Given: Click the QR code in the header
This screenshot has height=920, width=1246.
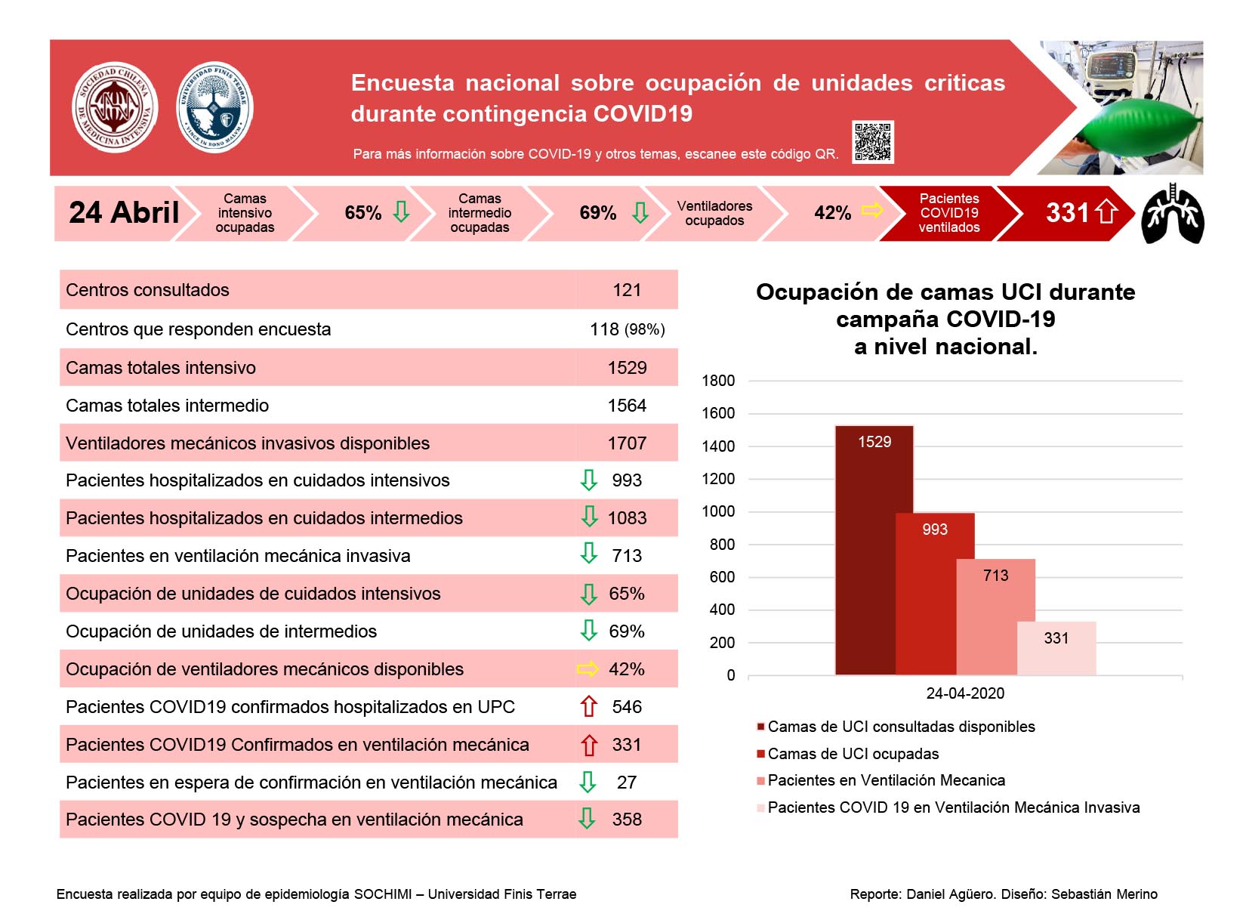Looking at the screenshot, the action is click(872, 142).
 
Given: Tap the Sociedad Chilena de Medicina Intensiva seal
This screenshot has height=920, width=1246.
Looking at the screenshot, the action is click(116, 107).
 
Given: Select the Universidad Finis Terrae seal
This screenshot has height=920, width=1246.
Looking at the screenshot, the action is click(214, 107).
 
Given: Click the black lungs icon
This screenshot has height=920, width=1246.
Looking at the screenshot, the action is click(1172, 214).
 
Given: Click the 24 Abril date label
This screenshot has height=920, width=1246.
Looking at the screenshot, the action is click(124, 212).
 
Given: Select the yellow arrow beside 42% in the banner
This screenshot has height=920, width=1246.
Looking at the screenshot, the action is click(872, 211).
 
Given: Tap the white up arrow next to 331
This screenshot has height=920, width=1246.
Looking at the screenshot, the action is click(1106, 212).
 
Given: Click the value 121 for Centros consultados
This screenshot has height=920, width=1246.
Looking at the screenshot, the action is click(626, 290).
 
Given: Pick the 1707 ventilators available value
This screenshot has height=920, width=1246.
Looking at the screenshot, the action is click(627, 443).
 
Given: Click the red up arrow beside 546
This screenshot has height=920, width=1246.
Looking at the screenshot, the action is click(589, 706).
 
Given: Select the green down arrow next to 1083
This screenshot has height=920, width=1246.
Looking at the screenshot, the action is click(589, 517).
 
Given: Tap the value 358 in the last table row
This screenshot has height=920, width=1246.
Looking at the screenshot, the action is click(627, 820).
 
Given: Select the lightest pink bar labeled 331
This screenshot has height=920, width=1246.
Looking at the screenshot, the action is click(1056, 648).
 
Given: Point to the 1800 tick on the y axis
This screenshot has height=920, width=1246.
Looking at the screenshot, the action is click(718, 381).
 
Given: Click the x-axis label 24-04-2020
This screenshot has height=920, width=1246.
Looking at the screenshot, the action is click(965, 693).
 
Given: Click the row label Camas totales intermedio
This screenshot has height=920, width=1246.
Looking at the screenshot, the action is click(168, 405).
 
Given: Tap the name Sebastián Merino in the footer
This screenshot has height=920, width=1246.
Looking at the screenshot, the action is click(1104, 894).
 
